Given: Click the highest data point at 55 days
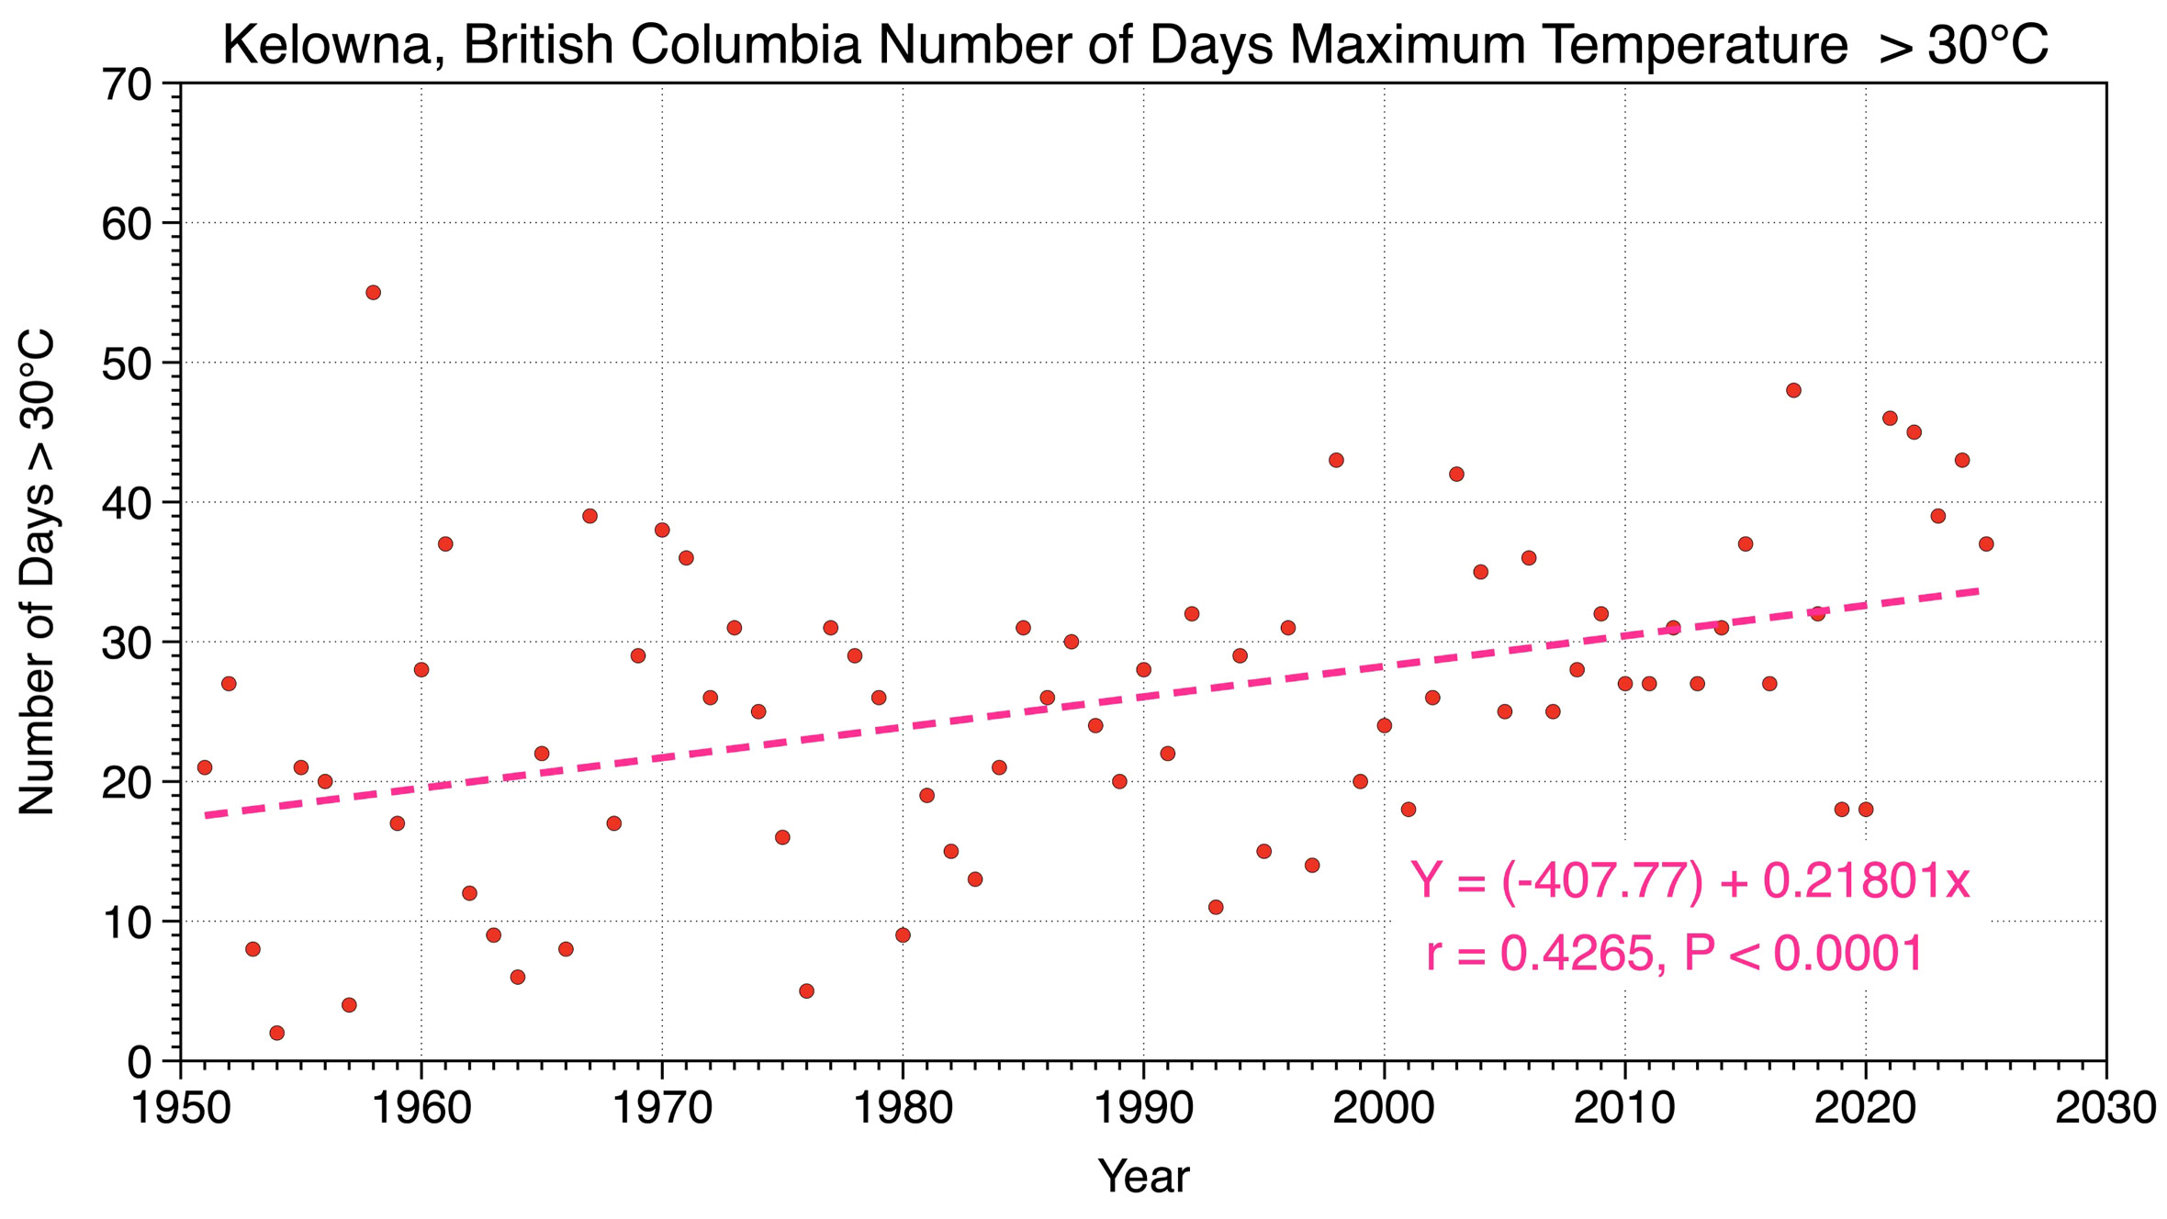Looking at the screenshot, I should tap(373, 293).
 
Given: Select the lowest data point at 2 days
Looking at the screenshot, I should tap(277, 1033).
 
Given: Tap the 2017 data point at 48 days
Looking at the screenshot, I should tap(1793, 390).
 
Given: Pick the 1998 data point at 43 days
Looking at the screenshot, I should tap(1336, 460).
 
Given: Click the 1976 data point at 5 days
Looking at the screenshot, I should tap(806, 990).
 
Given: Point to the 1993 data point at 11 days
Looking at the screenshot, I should tap(1216, 907).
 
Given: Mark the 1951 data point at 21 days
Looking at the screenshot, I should tap(205, 767).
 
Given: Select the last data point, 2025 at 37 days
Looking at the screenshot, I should tap(1986, 544).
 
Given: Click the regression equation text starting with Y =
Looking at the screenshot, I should tap(1690, 881).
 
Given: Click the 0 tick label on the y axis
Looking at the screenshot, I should tap(140, 1063).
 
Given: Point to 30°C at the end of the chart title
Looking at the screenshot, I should tap(1988, 44).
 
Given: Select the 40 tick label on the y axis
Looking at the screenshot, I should tap(127, 504).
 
